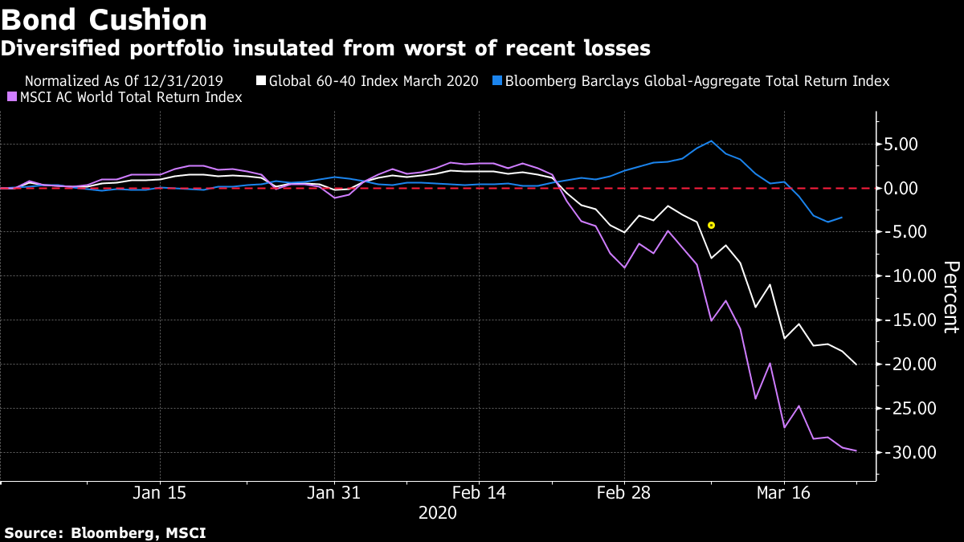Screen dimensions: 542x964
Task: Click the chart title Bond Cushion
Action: click(x=104, y=19)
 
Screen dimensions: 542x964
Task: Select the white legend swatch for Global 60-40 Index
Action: click(x=260, y=81)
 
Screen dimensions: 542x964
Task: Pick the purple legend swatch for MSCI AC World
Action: click(x=11, y=97)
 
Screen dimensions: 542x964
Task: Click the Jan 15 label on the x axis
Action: click(x=160, y=493)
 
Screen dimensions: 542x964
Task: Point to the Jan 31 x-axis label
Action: click(x=335, y=493)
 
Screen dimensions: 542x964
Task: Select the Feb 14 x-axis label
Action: click(x=480, y=493)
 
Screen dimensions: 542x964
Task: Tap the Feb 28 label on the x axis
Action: click(x=624, y=493)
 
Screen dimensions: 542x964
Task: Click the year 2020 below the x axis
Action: click(x=438, y=512)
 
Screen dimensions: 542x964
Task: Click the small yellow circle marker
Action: click(x=711, y=226)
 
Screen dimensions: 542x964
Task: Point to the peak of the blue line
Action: click(x=711, y=141)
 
